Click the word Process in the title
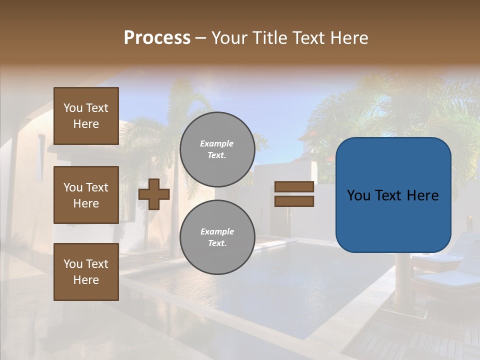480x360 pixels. (157, 38)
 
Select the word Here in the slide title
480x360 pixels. (349, 38)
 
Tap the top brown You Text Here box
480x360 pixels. (86, 116)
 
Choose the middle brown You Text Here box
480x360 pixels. (86, 195)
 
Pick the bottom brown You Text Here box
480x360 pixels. (86, 272)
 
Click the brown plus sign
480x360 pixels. (154, 194)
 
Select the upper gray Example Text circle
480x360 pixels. (217, 149)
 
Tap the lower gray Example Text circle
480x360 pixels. (217, 237)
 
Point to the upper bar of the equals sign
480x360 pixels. (294, 187)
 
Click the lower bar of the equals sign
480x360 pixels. (294, 201)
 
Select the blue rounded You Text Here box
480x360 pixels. (393, 195)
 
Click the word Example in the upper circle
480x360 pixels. (217, 143)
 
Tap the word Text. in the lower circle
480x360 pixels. (217, 243)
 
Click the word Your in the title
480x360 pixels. (228, 38)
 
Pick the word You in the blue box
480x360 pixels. (359, 195)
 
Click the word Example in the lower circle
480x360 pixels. (217, 231)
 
